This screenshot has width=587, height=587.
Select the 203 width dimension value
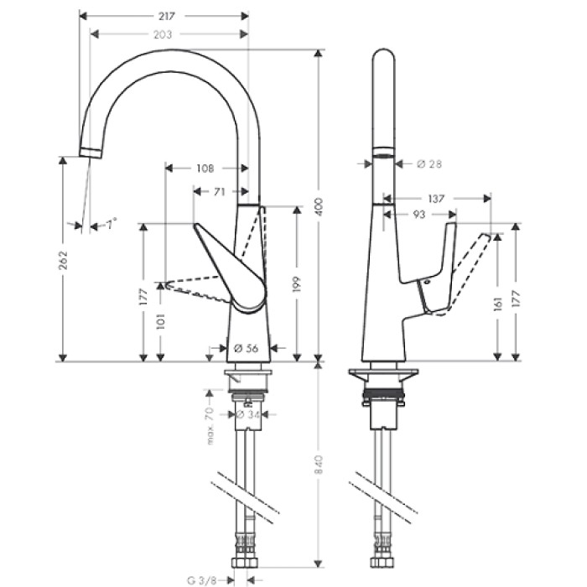pos(164,34)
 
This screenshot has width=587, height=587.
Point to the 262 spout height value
pos(63,262)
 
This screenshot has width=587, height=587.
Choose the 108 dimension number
pos(205,168)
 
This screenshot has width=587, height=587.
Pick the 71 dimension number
pos(219,192)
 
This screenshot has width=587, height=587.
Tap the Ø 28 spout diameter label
pos(429,164)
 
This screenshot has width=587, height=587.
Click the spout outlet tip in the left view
pos(91,151)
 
